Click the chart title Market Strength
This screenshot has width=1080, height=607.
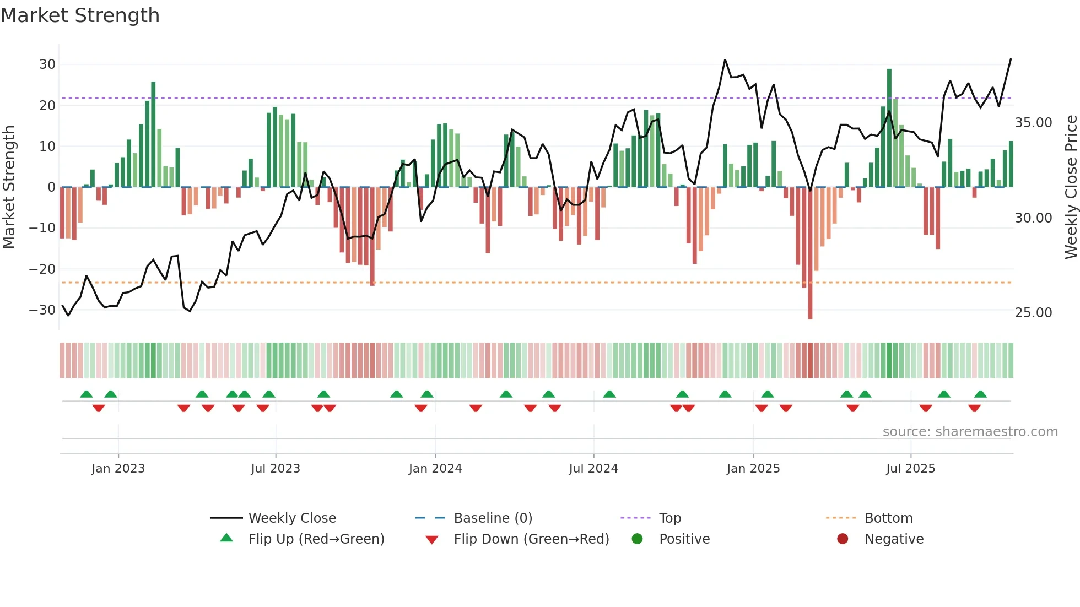pyautogui.click(x=80, y=15)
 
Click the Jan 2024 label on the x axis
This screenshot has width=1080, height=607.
pyautogui.click(x=435, y=469)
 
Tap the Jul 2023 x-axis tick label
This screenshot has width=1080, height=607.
pyautogui.click(x=275, y=469)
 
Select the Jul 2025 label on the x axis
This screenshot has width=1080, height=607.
pyautogui.click(x=910, y=469)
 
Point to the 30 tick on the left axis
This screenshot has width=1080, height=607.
pyautogui.click(x=47, y=64)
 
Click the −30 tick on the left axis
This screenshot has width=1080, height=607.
pyautogui.click(x=42, y=310)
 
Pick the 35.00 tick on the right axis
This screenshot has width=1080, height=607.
pyautogui.click(x=1033, y=123)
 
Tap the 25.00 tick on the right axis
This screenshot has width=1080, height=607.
pyautogui.click(x=1033, y=313)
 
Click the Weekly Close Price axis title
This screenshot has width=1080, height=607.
pyautogui.click(x=1071, y=187)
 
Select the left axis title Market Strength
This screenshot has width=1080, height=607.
pyautogui.click(x=9, y=187)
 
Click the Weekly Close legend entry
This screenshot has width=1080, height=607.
pyautogui.click(x=291, y=518)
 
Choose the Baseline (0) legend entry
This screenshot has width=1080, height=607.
pyautogui.click(x=493, y=518)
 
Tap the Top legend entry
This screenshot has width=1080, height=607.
pyautogui.click(x=669, y=518)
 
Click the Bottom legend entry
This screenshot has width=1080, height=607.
pyautogui.click(x=888, y=518)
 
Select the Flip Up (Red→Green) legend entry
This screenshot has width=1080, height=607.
pyautogui.click(x=316, y=539)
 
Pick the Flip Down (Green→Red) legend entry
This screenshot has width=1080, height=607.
pyautogui.click(x=531, y=539)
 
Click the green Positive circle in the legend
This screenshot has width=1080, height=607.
pyautogui.click(x=638, y=539)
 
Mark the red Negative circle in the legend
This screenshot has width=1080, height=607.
pyautogui.click(x=843, y=539)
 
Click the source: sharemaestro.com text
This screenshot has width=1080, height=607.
pyautogui.click(x=970, y=432)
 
